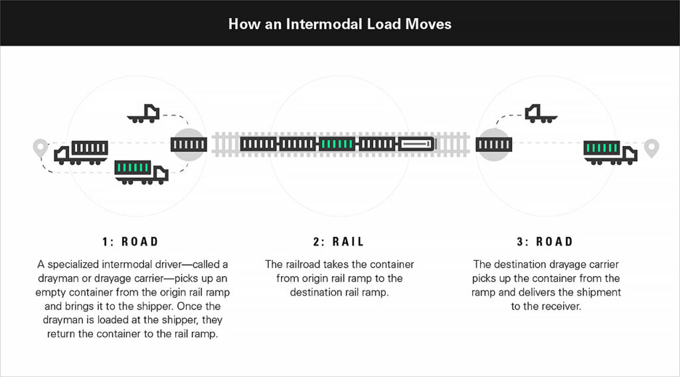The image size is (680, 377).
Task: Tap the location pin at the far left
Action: click(42, 147)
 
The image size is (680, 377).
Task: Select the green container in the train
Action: click(338, 143)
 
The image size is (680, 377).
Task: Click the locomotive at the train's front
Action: click(416, 143)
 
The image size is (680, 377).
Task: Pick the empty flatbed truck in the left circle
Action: click(143, 114)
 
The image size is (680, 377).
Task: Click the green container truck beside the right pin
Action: click(609, 152)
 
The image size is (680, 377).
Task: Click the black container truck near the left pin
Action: click(80, 152)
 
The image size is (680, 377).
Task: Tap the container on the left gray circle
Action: click(189, 144)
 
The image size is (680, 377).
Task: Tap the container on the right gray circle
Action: click(492, 144)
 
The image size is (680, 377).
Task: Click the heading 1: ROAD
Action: click(131, 242)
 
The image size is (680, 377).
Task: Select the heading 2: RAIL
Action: click(339, 242)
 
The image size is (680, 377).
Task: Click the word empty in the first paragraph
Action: click(52, 293)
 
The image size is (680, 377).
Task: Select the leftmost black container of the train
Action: click(258, 143)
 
